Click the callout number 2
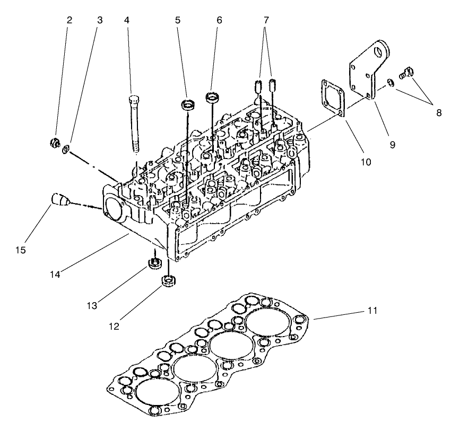click(70, 20)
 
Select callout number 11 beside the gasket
click(373, 311)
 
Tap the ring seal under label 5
click(188, 104)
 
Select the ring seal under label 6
click(212, 98)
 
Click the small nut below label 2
click(54, 142)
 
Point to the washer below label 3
click(65, 149)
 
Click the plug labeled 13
click(154, 263)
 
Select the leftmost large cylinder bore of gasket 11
click(157, 393)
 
